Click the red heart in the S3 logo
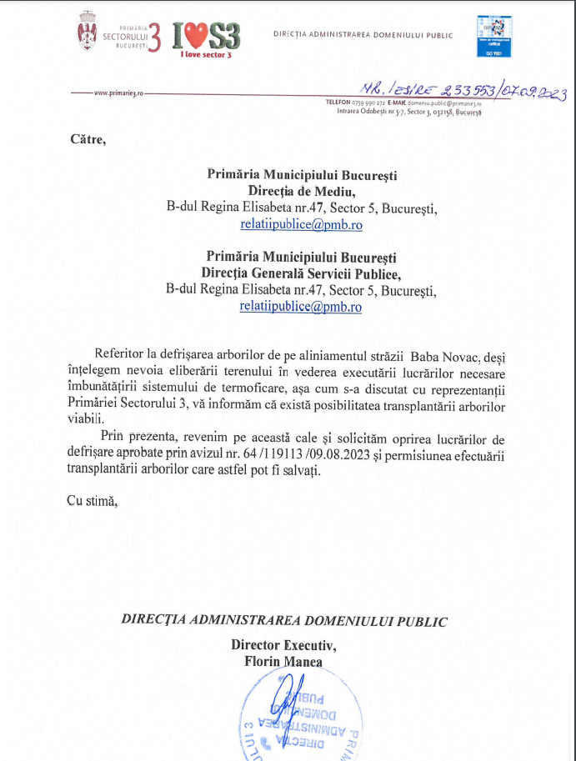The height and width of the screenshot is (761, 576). [x=195, y=36]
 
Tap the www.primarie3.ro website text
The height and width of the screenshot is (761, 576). [x=119, y=93]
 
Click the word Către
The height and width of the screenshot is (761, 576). [x=88, y=138]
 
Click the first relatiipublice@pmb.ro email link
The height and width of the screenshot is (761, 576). [x=301, y=224]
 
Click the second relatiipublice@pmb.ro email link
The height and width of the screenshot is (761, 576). [x=301, y=306]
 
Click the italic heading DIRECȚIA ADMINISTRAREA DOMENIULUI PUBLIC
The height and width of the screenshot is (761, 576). [x=284, y=621]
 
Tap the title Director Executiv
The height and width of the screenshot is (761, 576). [x=284, y=644]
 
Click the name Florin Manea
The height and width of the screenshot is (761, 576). [x=283, y=661]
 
